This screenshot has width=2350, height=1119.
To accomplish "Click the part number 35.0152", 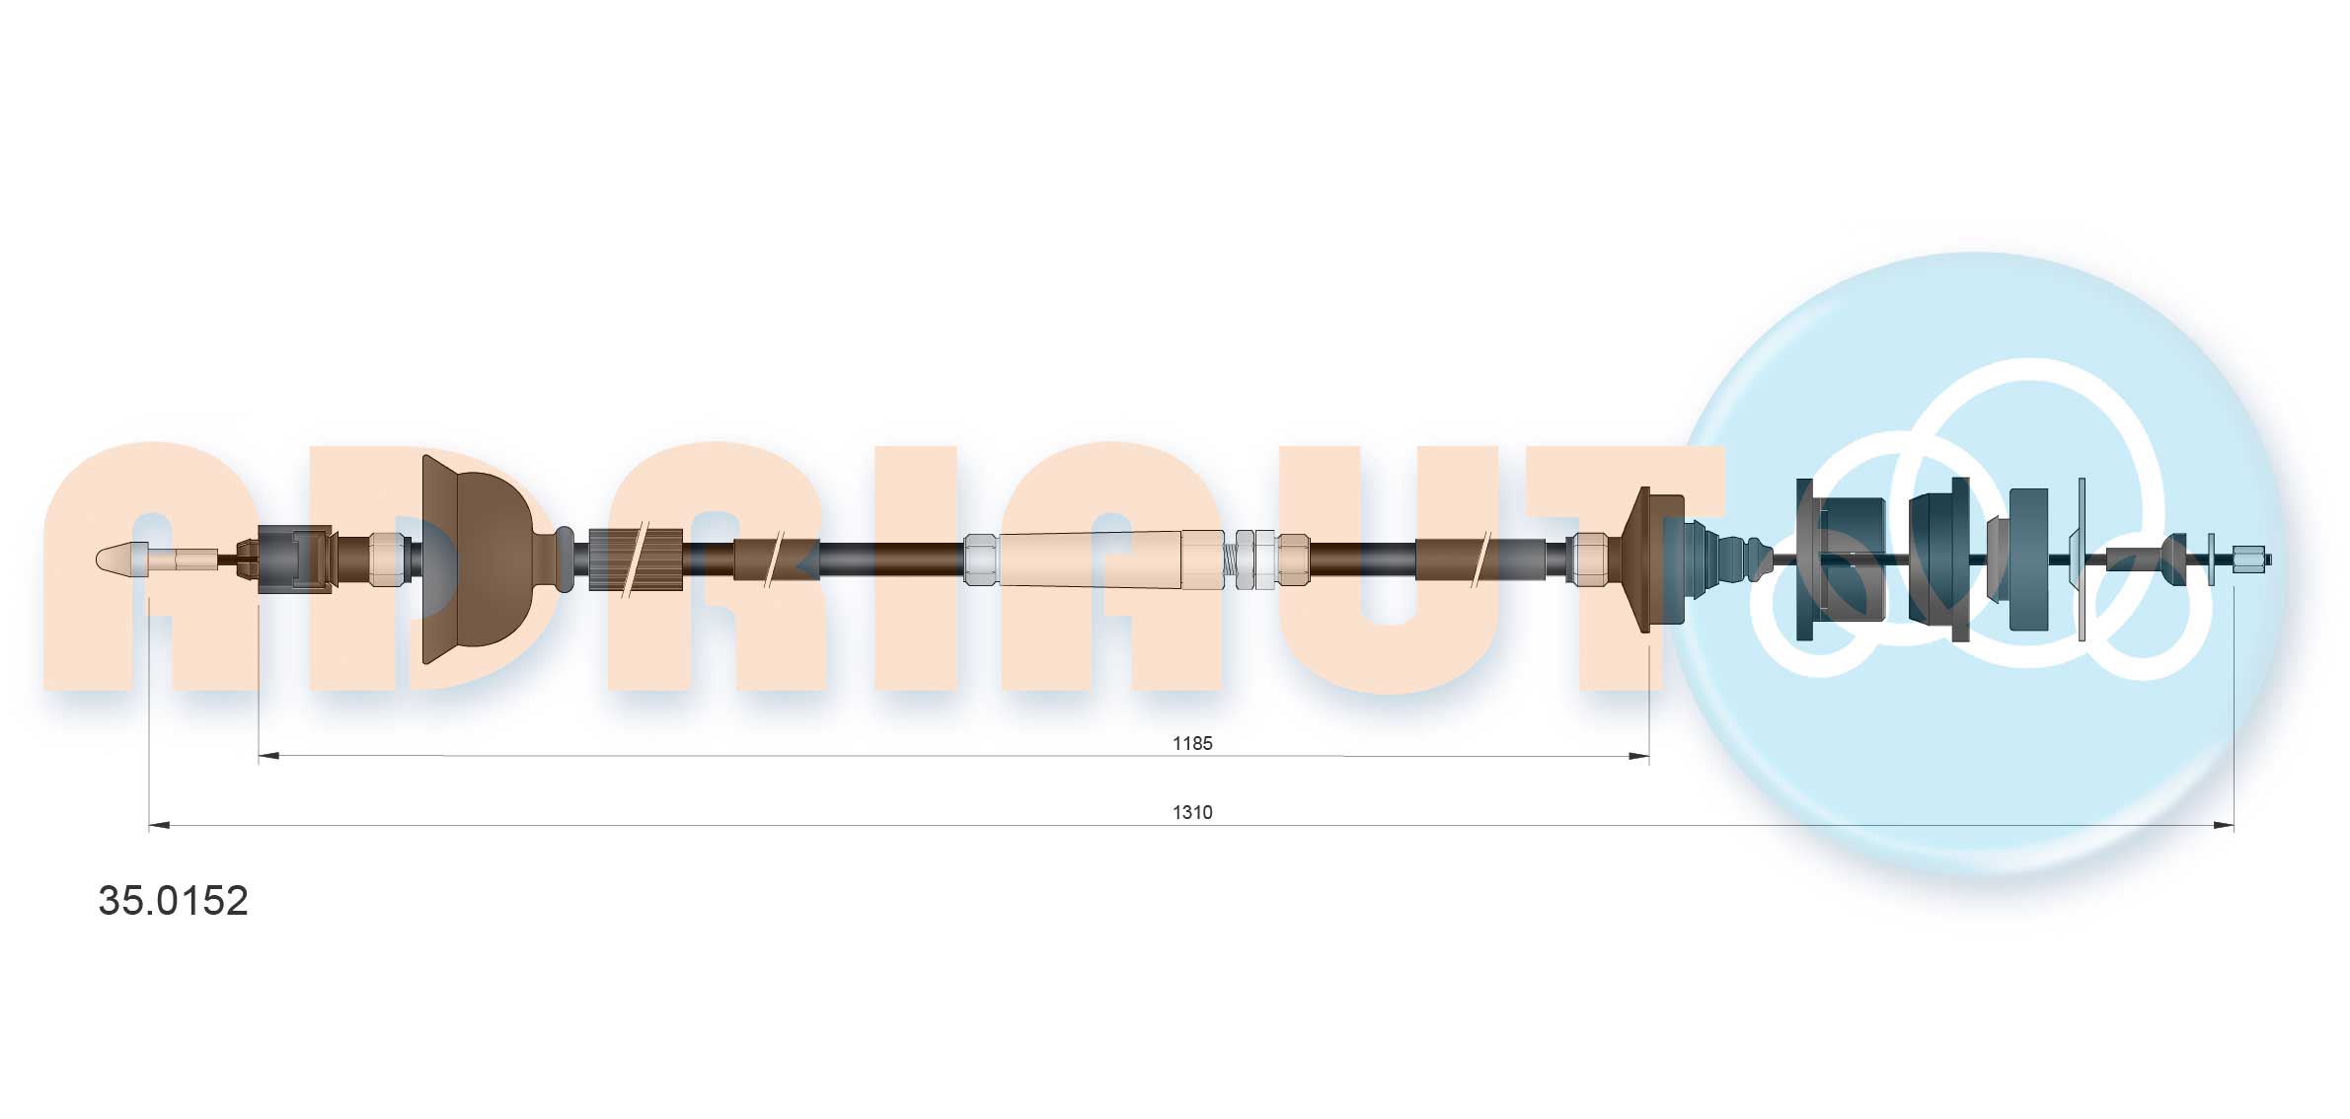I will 173,900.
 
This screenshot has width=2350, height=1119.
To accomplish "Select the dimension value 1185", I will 1191,743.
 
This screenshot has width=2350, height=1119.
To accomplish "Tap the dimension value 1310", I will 1191,812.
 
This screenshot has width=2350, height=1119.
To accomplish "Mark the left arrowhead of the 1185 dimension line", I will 267,756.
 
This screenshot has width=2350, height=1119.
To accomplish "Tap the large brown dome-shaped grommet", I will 479,559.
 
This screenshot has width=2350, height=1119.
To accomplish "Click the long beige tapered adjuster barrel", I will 1091,559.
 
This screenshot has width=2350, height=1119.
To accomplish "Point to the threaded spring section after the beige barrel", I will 1230,560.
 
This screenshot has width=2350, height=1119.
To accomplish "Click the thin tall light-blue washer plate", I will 2082,559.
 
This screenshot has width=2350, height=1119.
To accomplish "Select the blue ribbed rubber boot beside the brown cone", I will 1717,559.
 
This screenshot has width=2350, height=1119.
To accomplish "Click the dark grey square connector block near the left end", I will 293,559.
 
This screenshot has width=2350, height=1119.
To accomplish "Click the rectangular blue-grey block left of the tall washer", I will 2028,559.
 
